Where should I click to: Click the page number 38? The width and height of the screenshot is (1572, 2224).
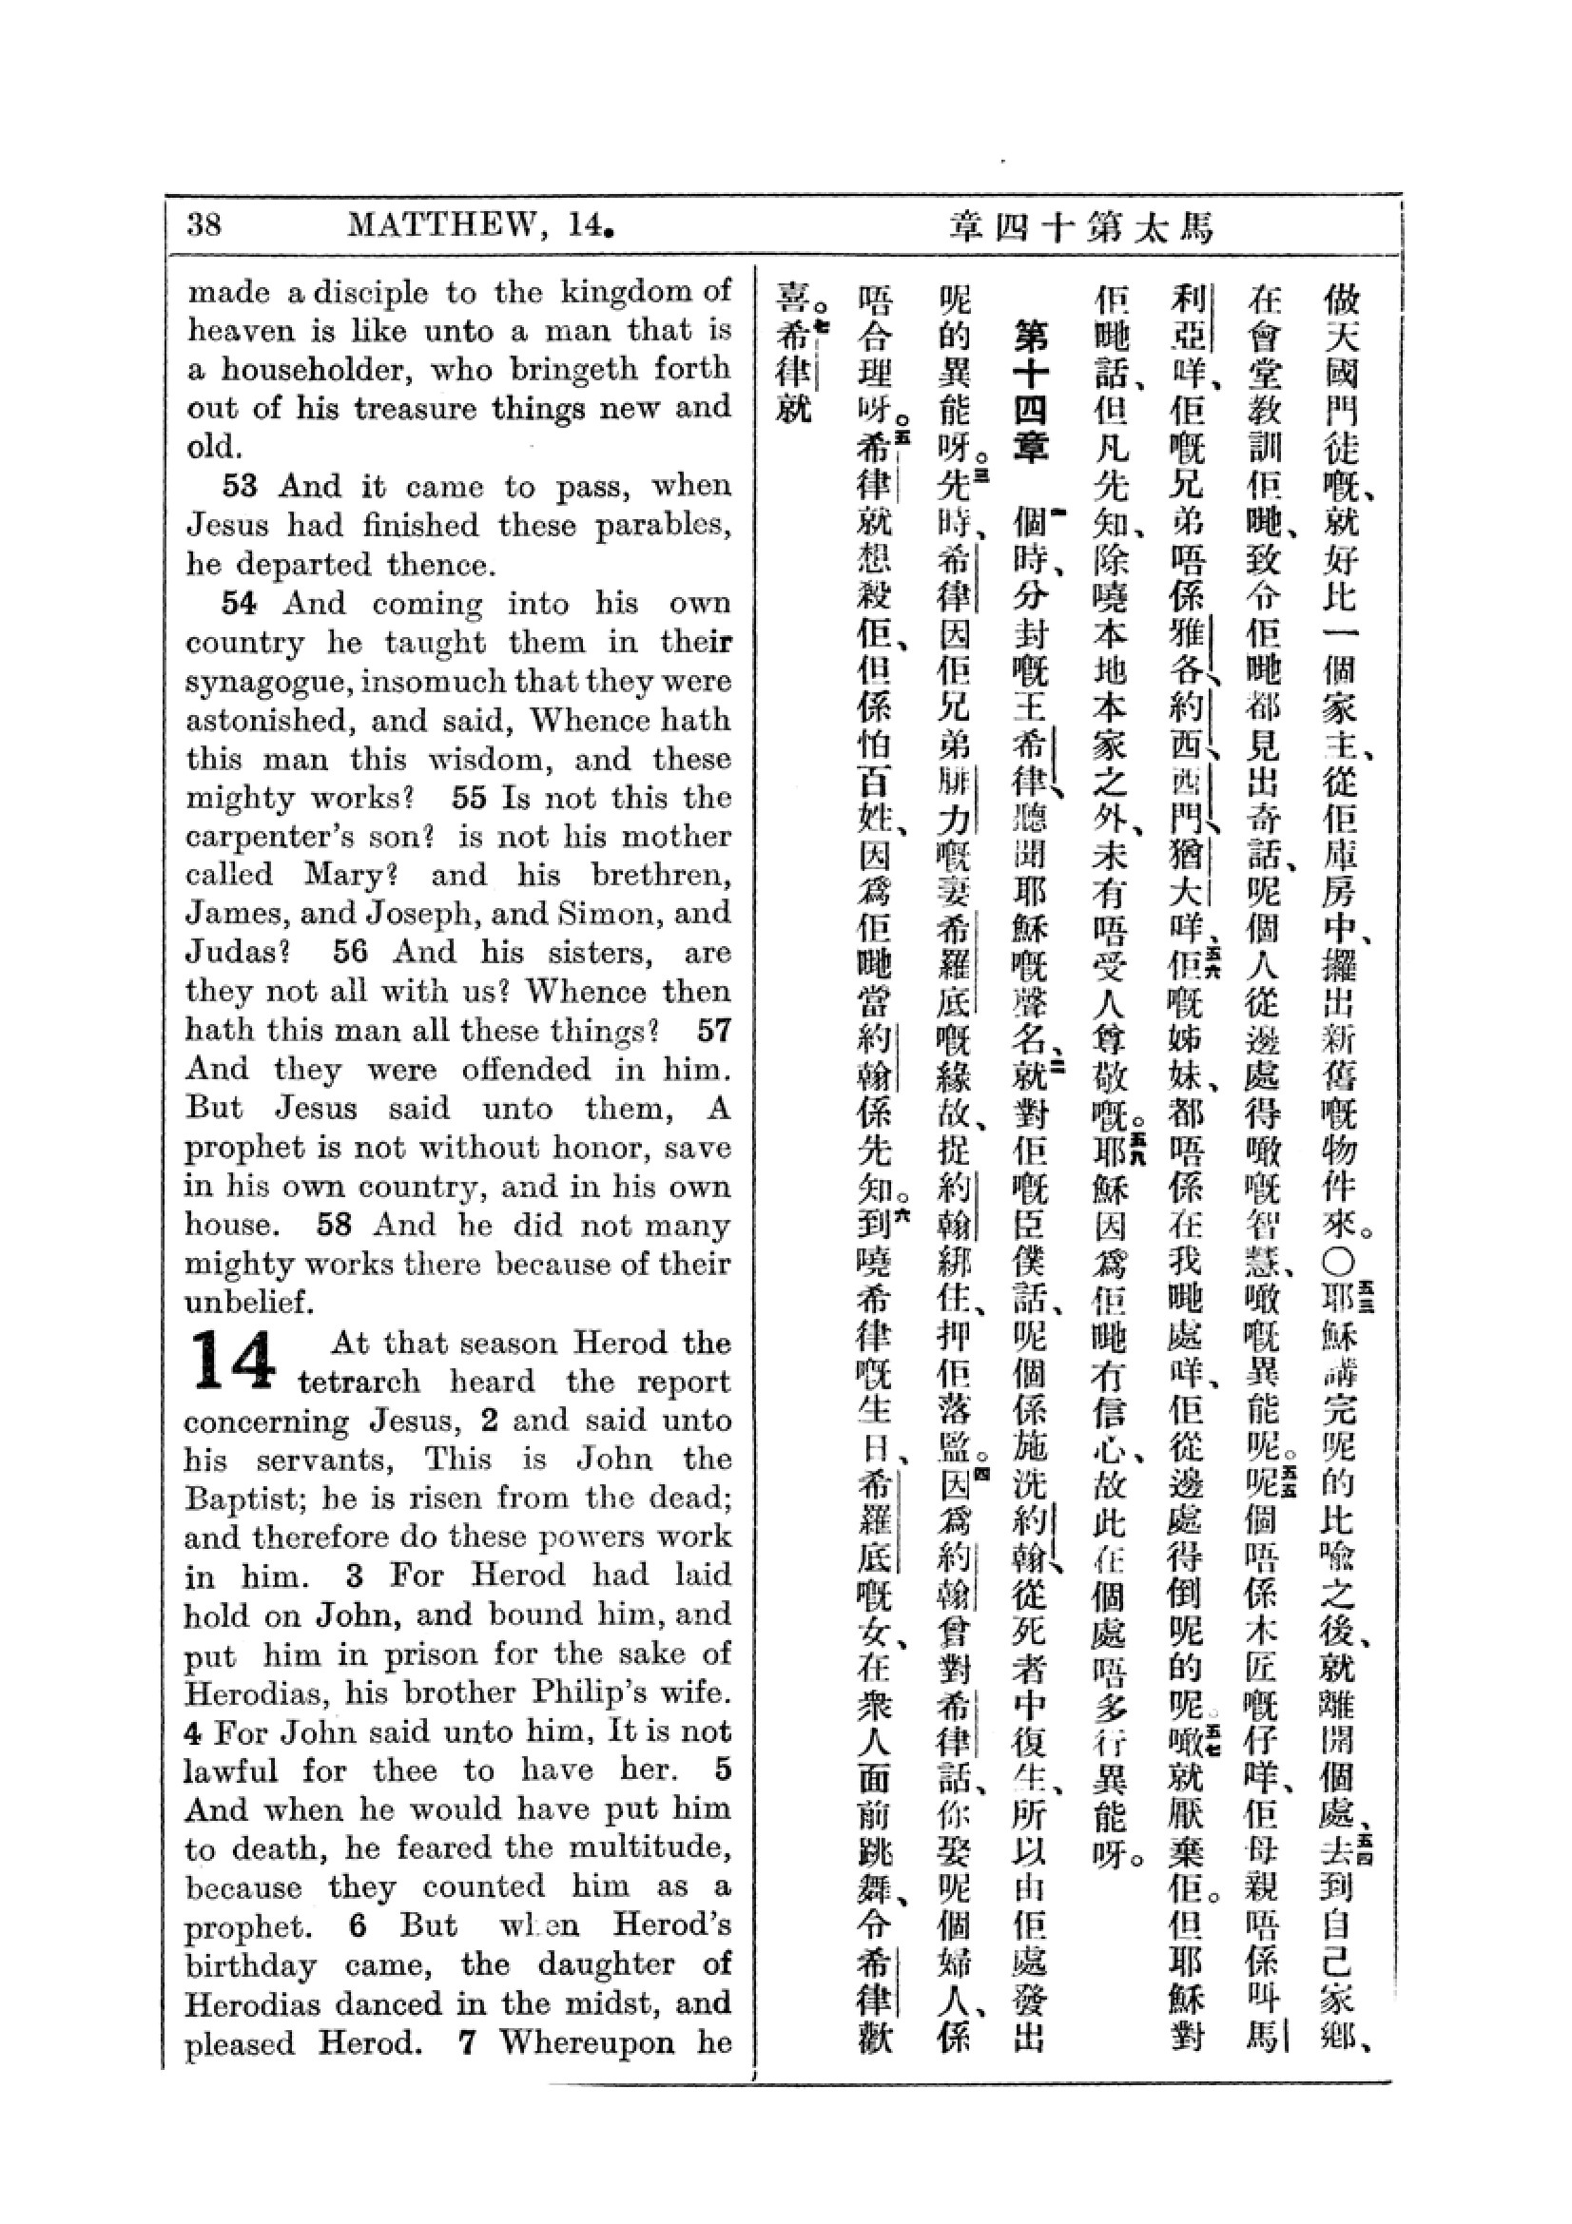(204, 224)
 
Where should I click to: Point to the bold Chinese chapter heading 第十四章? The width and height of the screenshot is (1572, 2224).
(1029, 393)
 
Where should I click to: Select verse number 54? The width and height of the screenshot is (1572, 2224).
(241, 604)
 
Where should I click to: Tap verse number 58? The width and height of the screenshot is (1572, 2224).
(334, 1226)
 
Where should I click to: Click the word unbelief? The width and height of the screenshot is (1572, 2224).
(249, 1303)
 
